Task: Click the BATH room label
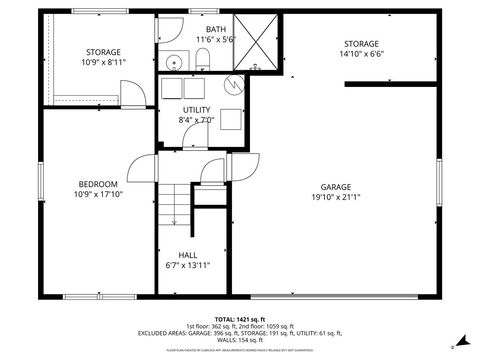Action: click(216, 29)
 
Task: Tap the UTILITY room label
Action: click(196, 109)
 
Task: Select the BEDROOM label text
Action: click(99, 184)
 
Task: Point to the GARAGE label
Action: click(335, 187)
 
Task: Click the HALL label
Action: click(187, 255)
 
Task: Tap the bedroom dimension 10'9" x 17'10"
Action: click(99, 195)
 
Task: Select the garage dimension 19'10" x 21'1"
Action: click(335, 198)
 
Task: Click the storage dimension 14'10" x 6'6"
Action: click(361, 56)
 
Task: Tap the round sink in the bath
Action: click(171, 59)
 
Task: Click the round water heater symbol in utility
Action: click(234, 86)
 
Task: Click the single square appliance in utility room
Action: click(231, 118)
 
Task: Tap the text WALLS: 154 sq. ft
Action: click(240, 339)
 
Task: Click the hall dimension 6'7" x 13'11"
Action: click(187, 266)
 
